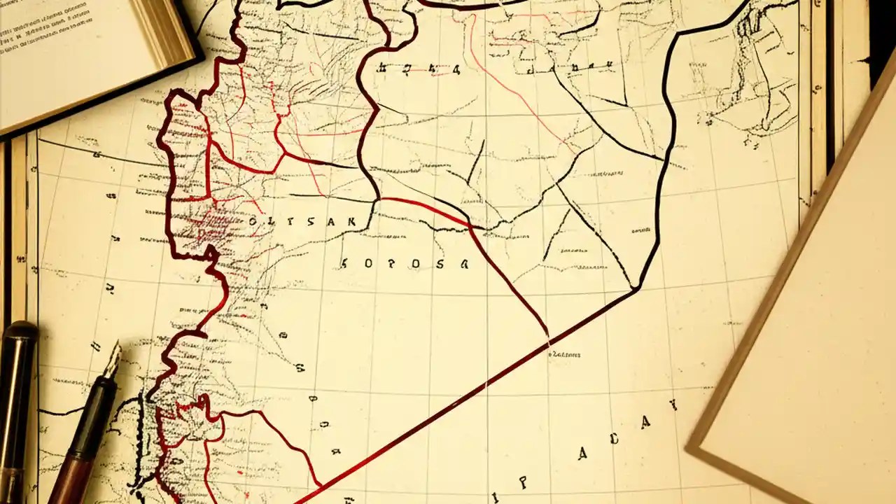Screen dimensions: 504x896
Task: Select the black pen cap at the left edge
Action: coord(17,399)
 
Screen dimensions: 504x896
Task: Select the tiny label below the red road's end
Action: coord(566,355)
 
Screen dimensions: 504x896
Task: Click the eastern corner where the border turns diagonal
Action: coord(636,287)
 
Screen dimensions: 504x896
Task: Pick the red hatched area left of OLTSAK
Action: coord(203,224)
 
